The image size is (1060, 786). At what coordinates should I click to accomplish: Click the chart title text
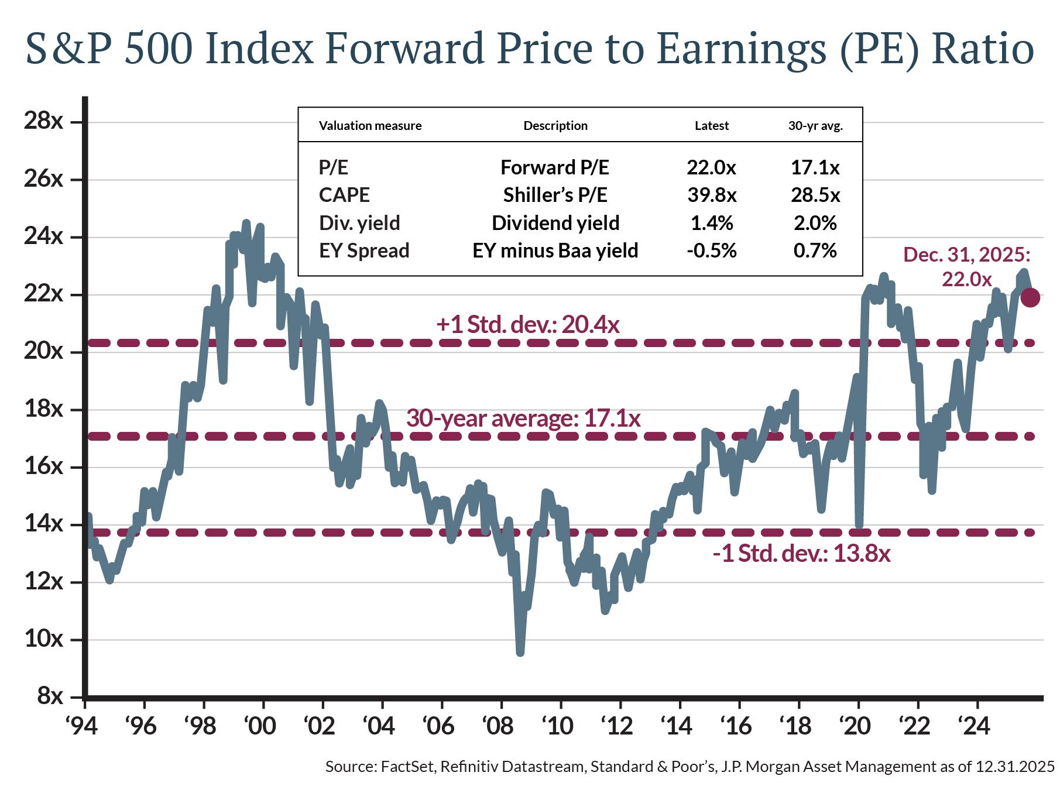tap(530, 49)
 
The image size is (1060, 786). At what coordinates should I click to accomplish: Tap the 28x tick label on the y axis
tap(43, 121)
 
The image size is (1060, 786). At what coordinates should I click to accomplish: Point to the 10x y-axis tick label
tap(43, 639)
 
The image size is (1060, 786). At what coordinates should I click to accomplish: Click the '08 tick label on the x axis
tap(498, 726)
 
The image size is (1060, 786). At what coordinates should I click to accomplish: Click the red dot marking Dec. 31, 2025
tap(1030, 297)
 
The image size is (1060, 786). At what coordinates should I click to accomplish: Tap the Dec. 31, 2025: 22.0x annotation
tap(966, 267)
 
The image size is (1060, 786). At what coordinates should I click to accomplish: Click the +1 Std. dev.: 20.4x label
tap(527, 324)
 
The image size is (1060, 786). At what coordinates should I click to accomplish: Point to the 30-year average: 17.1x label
tap(523, 418)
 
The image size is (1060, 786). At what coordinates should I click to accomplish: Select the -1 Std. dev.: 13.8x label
tap(801, 553)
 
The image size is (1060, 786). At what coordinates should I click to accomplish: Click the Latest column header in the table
tap(712, 126)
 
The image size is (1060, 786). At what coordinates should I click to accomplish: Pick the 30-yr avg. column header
tap(815, 126)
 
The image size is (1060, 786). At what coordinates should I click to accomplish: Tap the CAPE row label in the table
tap(344, 195)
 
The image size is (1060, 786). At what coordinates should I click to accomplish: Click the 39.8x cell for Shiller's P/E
tap(712, 195)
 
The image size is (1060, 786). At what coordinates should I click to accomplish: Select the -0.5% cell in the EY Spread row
tap(712, 250)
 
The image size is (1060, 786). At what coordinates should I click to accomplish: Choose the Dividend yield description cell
tap(555, 223)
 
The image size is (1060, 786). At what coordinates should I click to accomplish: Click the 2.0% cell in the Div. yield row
tap(815, 223)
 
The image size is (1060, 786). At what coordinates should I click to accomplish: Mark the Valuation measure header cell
tap(370, 126)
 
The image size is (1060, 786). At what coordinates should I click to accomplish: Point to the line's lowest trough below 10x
tap(520, 651)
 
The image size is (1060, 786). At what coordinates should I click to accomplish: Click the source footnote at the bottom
tap(689, 767)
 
